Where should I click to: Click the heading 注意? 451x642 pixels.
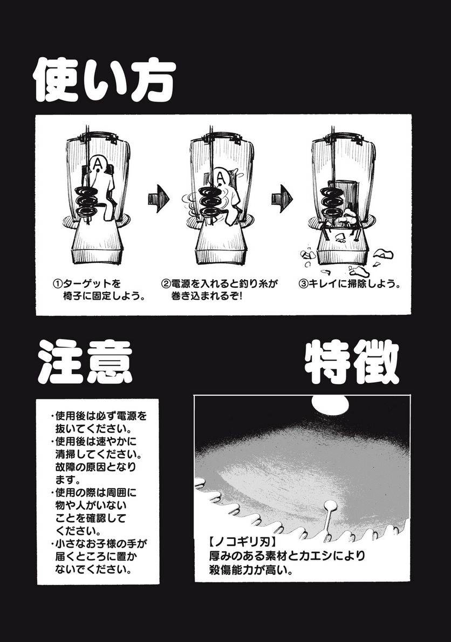tap(85, 361)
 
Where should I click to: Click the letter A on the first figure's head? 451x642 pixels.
tap(97, 163)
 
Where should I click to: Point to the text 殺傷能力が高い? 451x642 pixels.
tap(249, 570)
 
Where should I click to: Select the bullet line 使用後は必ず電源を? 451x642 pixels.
tap(99, 417)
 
